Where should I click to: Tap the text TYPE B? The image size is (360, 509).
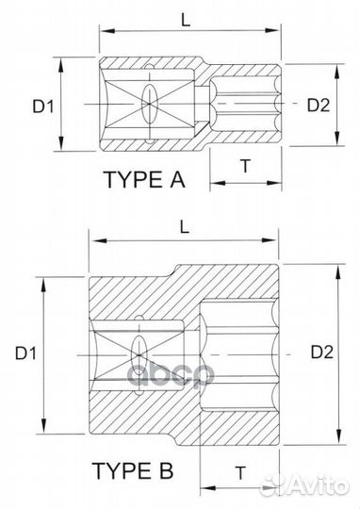tap(129, 468)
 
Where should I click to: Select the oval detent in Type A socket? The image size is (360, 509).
tap(149, 104)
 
